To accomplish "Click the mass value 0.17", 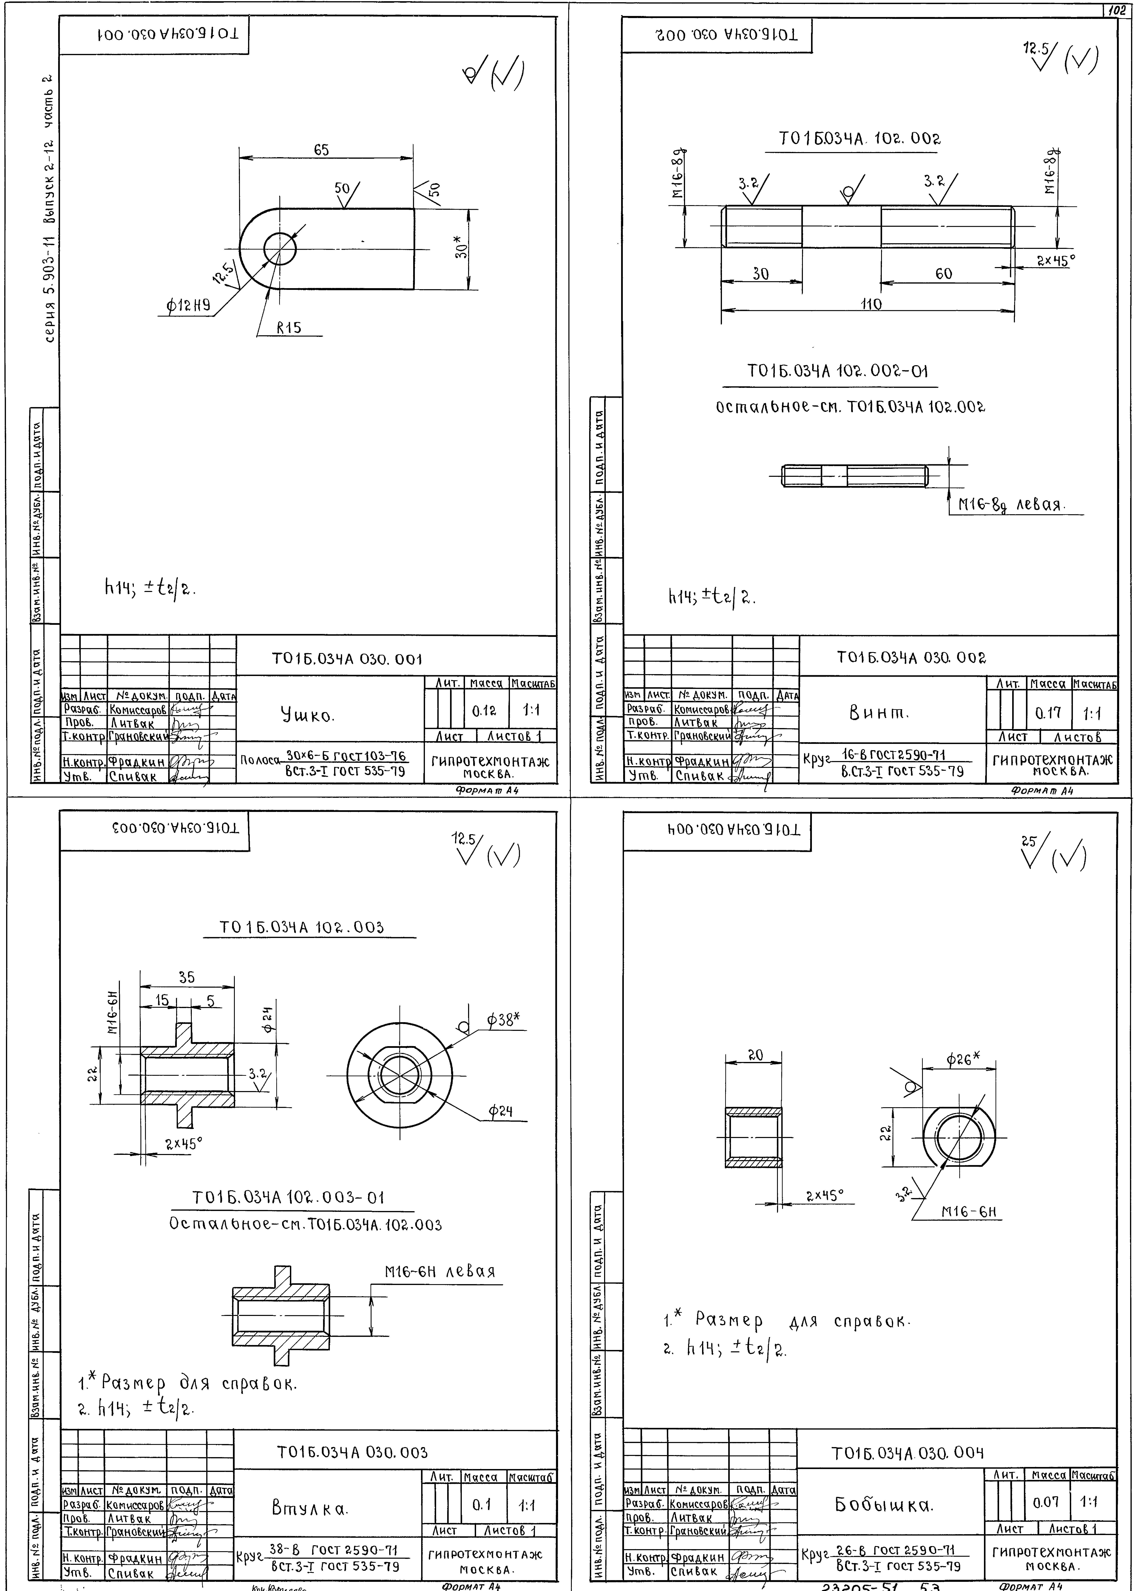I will pyautogui.click(x=1048, y=713).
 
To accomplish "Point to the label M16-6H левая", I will pyautogui.click(x=440, y=1271).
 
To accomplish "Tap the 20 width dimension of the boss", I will pyautogui.click(x=755, y=1055).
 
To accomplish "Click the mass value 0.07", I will pyautogui.click(x=1046, y=1502).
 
